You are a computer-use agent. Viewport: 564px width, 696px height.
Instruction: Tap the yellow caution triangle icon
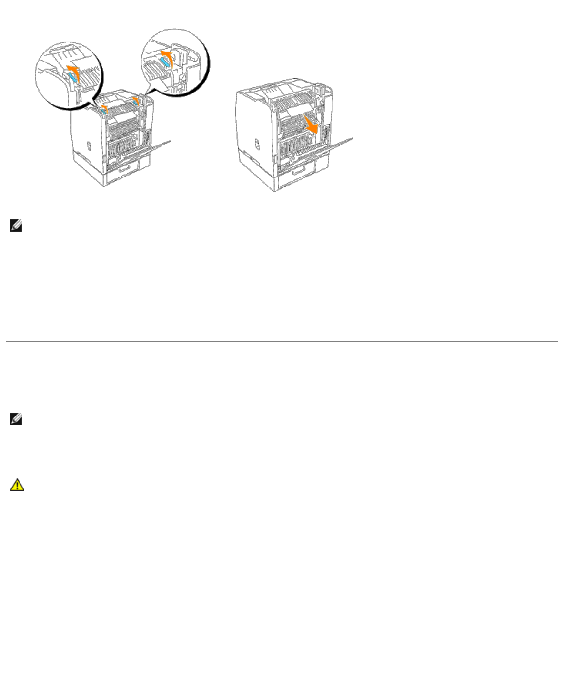pyautogui.click(x=17, y=485)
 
